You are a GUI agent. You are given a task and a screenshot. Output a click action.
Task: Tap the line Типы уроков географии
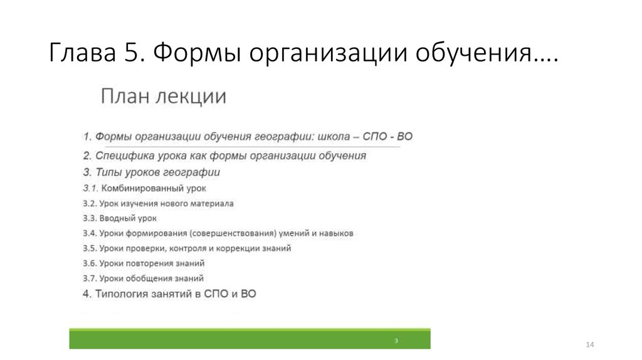coord(151,171)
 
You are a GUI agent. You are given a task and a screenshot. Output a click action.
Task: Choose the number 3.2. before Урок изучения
coord(90,203)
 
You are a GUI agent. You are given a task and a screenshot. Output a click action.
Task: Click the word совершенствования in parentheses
coord(213,233)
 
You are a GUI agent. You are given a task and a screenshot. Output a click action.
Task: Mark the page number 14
coord(589,346)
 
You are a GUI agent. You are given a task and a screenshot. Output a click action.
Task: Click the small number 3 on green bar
coord(396,340)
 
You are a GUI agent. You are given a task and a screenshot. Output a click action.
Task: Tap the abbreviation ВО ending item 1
coord(405,136)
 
